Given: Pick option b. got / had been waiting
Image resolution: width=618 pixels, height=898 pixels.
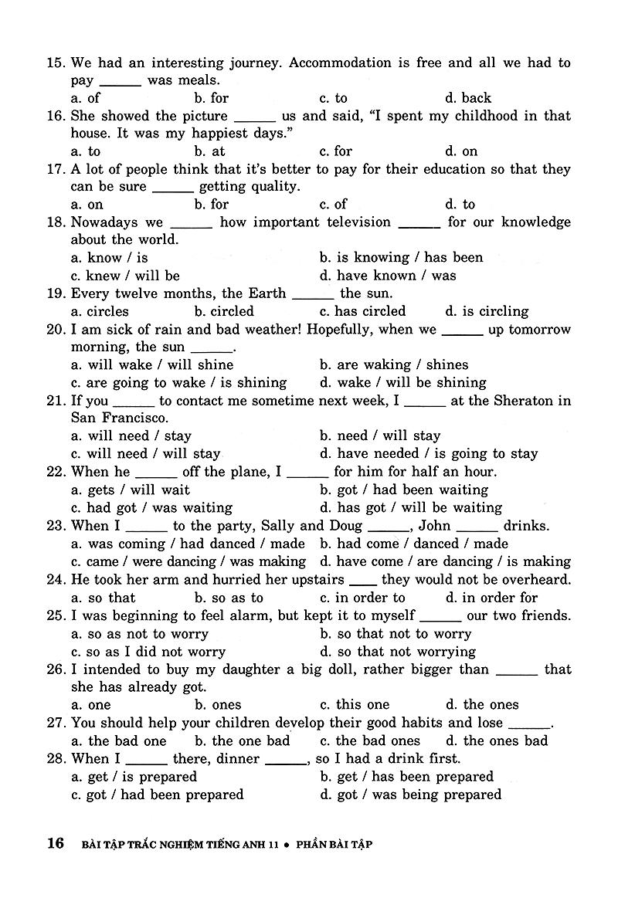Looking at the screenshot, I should coord(403,490).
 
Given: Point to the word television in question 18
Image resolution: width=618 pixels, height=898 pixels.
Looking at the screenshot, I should coord(355,222).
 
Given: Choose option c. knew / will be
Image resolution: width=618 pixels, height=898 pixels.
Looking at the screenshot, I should coord(125,276).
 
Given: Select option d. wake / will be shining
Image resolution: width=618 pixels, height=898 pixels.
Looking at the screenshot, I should coord(402,382).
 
